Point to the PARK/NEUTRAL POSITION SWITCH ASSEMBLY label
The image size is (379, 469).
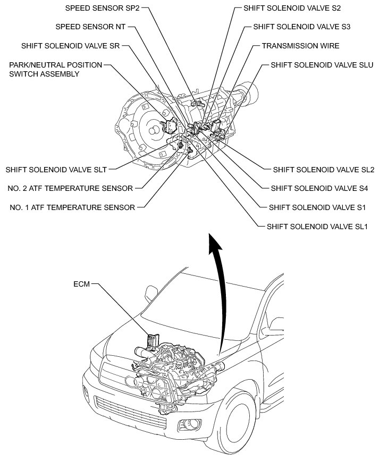coord(55,70)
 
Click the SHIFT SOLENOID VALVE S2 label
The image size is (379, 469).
coord(292,9)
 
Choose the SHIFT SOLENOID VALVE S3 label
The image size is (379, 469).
coord(301,26)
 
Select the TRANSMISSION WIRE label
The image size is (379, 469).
coord(300,46)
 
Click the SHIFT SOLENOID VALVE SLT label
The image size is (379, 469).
coord(56,170)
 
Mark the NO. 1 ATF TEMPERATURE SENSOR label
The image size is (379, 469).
coord(72,207)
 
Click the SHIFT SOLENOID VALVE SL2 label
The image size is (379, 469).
coord(324,170)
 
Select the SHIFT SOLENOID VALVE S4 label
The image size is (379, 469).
coord(319,188)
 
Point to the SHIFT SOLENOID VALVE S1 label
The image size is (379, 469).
coord(317,207)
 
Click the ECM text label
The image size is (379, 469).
coord(82,284)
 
